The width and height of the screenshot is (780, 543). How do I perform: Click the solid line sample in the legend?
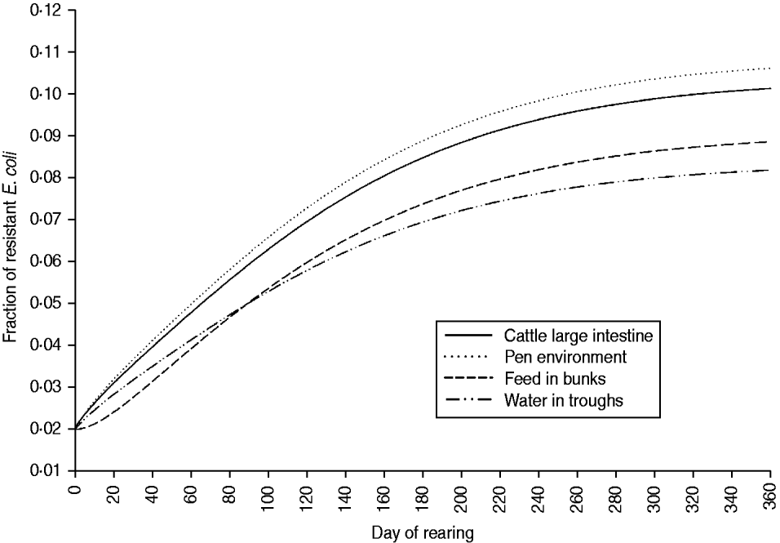(x=469, y=336)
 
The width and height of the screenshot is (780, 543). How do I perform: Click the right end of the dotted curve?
(x=770, y=69)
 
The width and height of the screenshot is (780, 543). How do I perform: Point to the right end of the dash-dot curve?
(x=770, y=170)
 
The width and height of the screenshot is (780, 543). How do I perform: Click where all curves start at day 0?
(x=76, y=428)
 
